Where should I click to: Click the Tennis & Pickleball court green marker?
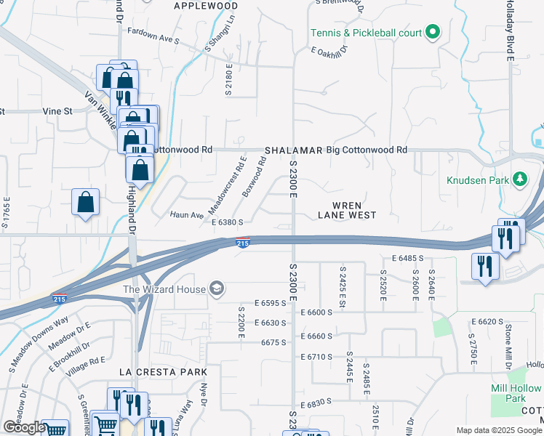point(432,32)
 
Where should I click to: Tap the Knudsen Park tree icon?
point(519,178)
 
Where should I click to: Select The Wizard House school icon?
point(216,289)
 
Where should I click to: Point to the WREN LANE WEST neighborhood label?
point(348,209)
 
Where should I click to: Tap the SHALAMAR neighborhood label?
point(293,150)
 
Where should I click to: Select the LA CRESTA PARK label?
point(159,371)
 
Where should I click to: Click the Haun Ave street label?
point(187,215)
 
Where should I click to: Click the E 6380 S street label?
point(232,222)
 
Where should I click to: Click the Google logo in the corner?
point(24,427)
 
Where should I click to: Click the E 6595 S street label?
point(276,303)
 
